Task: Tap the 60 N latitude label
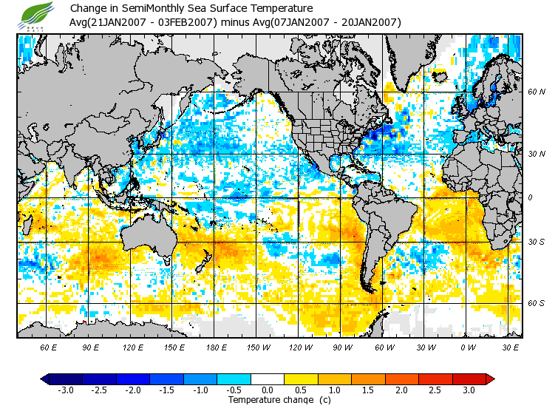pyautogui.click(x=537, y=92)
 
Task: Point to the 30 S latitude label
pyautogui.click(x=537, y=242)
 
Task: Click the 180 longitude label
pyautogui.click(x=217, y=347)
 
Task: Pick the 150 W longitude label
pyautogui.click(x=259, y=347)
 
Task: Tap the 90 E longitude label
pyautogui.click(x=92, y=347)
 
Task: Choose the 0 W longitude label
pyautogui.click(x=469, y=347)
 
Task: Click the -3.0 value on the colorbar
pyautogui.click(x=65, y=390)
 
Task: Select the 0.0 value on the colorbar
pyautogui.click(x=268, y=390)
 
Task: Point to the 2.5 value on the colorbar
pyautogui.click(x=435, y=390)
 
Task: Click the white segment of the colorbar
pyautogui.click(x=268, y=379)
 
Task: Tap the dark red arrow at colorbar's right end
pyautogui.click(x=490, y=379)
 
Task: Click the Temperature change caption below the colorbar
pyautogui.click(x=268, y=400)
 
